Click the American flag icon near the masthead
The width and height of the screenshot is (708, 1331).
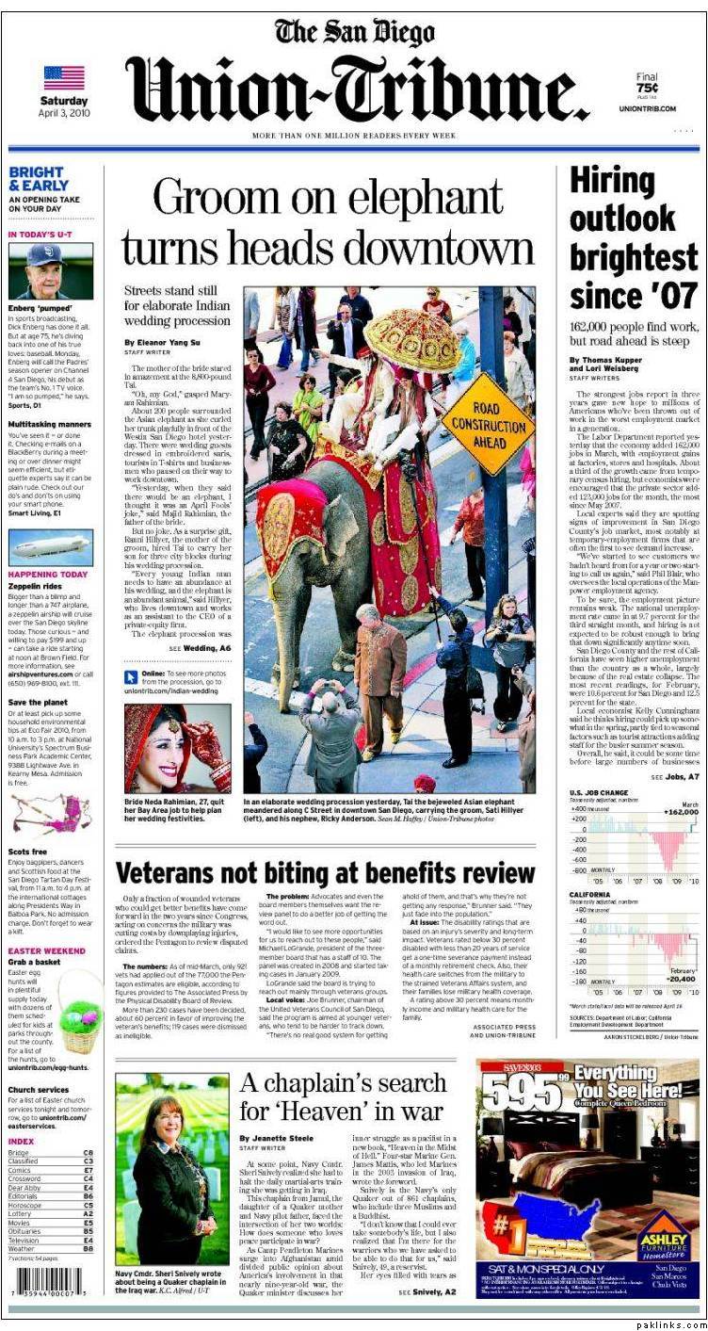pyautogui.click(x=64, y=77)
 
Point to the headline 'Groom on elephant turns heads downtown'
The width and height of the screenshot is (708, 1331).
pyautogui.click(x=327, y=223)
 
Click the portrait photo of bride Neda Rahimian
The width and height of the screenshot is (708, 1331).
pyautogui.click(x=177, y=748)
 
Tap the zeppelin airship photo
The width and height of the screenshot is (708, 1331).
pyautogui.click(x=50, y=547)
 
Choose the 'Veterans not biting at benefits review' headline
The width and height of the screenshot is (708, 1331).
pyautogui.click(x=325, y=873)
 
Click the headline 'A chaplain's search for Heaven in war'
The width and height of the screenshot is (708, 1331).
pyautogui.click(x=342, y=1097)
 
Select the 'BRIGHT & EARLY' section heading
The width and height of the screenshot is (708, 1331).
pyautogui.click(x=37, y=179)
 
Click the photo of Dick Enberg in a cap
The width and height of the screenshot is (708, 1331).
pyautogui.click(x=50, y=271)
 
